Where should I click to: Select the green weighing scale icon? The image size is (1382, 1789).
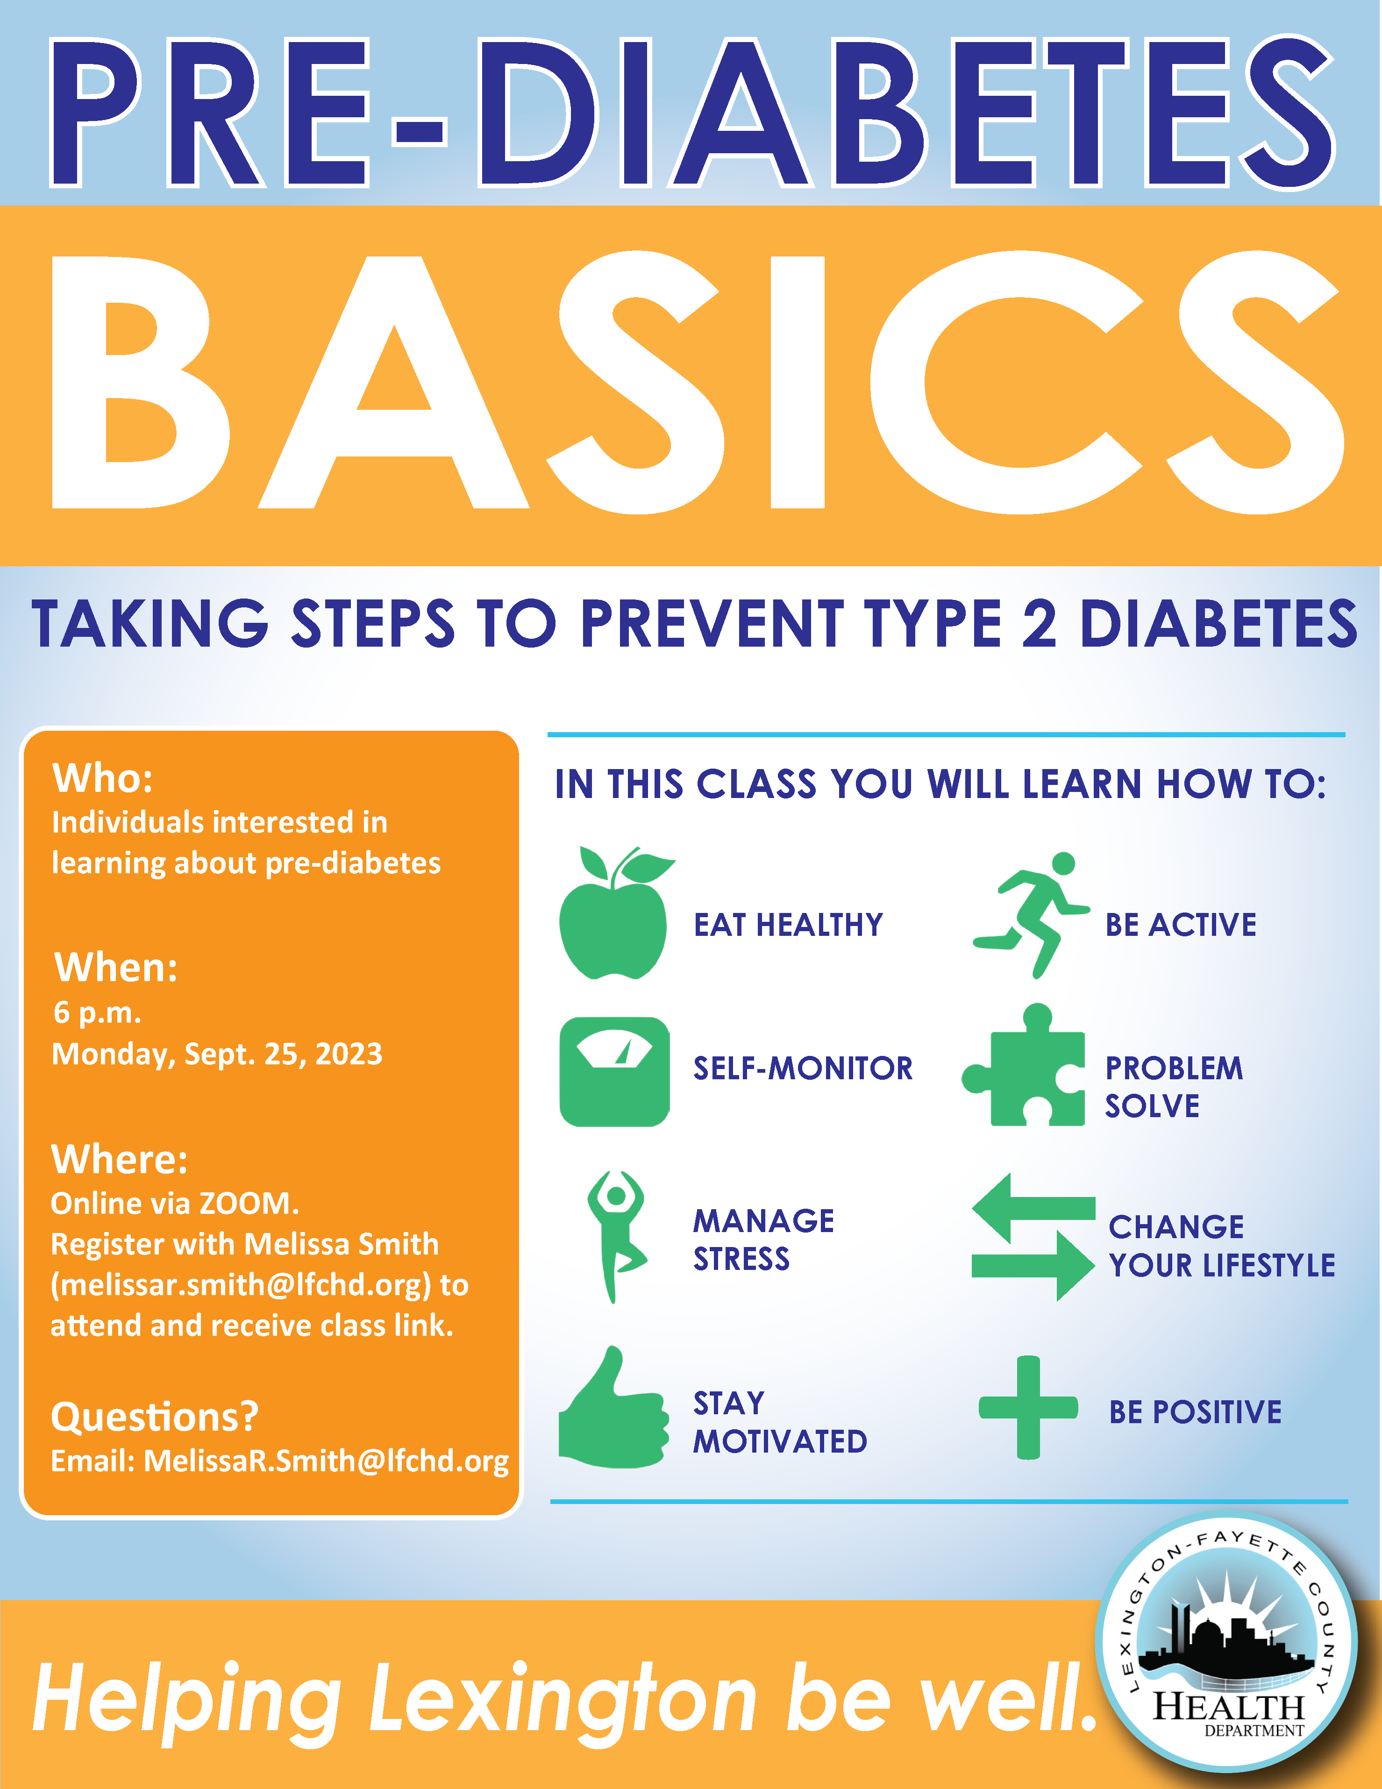pos(614,1071)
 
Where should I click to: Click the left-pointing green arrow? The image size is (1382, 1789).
pos(1034,1207)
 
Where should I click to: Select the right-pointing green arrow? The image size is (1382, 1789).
pos(1034,1266)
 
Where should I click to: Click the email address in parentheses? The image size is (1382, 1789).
pos(241,1285)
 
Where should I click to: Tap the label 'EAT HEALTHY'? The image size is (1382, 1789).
pos(788,925)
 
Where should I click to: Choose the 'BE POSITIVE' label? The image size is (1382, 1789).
pos(1195,1412)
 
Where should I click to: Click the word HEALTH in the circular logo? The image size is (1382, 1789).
pos(1229,1707)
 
